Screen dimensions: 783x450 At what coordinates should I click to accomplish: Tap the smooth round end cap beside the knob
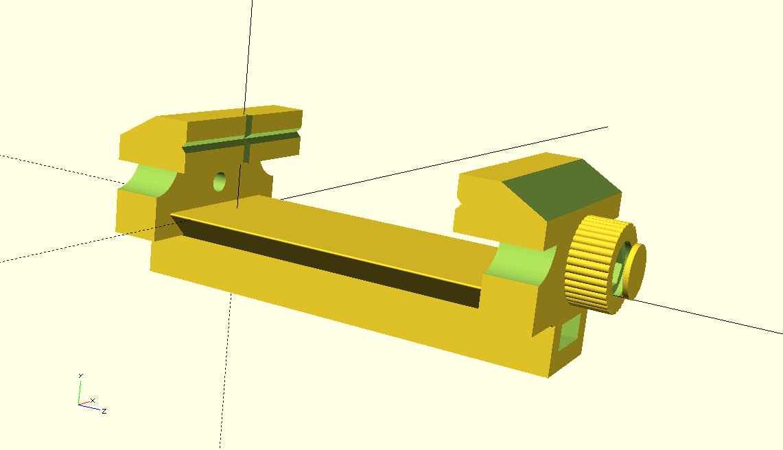(634, 270)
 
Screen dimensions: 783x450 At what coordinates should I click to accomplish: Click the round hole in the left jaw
(219, 182)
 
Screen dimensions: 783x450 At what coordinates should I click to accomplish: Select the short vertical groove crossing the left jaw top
(247, 139)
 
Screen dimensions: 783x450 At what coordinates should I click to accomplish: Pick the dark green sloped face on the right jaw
(562, 190)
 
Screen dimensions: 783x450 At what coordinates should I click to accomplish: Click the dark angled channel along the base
(325, 258)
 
